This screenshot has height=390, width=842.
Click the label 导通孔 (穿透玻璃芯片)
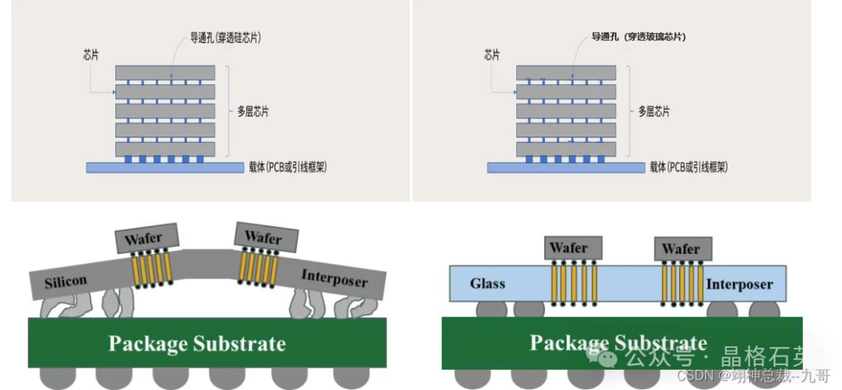pyautogui.click(x=639, y=37)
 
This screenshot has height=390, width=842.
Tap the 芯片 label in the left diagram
pyautogui.click(x=90, y=55)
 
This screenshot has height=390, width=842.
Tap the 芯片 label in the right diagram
pyautogui.click(x=491, y=55)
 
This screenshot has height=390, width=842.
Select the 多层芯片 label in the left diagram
pyautogui.click(x=253, y=111)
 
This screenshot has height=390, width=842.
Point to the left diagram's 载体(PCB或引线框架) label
pyautogui.click(x=287, y=167)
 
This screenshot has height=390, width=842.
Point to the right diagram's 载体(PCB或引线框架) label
pyautogui.click(x=688, y=167)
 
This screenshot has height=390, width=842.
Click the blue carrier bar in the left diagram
pyautogui.click(x=165, y=167)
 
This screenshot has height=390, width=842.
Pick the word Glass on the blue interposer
pyautogui.click(x=487, y=284)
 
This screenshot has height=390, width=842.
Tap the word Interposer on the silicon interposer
pyautogui.click(x=334, y=279)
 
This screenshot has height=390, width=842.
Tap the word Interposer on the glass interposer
pyautogui.click(x=739, y=284)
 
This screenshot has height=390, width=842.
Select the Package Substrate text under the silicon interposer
pyautogui.click(x=196, y=343)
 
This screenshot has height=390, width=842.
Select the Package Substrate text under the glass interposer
pyautogui.click(x=618, y=343)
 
